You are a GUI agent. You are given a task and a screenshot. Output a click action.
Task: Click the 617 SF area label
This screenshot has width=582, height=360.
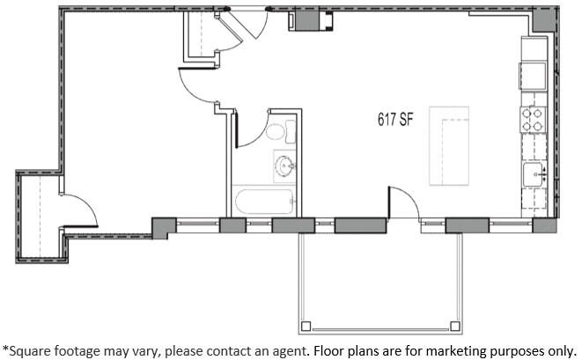395,121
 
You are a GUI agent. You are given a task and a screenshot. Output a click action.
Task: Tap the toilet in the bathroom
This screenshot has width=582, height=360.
276,133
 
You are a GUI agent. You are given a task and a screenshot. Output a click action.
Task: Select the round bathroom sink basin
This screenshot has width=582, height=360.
284,164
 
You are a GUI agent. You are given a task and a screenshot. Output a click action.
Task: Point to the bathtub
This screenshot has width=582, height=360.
263,202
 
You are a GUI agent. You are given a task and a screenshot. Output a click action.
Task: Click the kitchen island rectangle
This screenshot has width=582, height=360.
449,146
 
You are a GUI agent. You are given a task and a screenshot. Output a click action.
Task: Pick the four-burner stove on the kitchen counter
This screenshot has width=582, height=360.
534,119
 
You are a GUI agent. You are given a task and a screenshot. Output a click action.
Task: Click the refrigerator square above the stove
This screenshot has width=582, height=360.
534,73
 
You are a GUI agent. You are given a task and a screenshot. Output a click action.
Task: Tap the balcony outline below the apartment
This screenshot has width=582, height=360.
380,282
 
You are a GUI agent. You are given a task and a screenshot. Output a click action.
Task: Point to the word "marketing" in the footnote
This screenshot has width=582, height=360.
436,349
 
